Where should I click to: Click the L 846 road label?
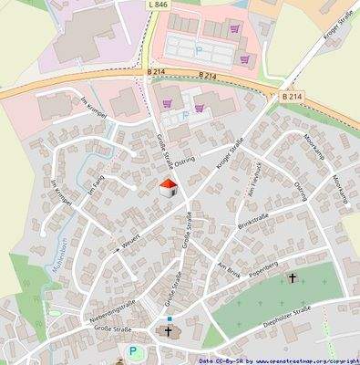[x=157, y=5]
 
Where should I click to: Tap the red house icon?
[x=169, y=189]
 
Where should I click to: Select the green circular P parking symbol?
[x=134, y=351]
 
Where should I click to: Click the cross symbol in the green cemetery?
[x=293, y=277]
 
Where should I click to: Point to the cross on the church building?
[x=168, y=332]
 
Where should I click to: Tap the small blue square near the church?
[x=169, y=318]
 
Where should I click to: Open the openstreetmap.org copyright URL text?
[x=300, y=360]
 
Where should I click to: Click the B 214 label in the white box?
[x=291, y=96]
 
